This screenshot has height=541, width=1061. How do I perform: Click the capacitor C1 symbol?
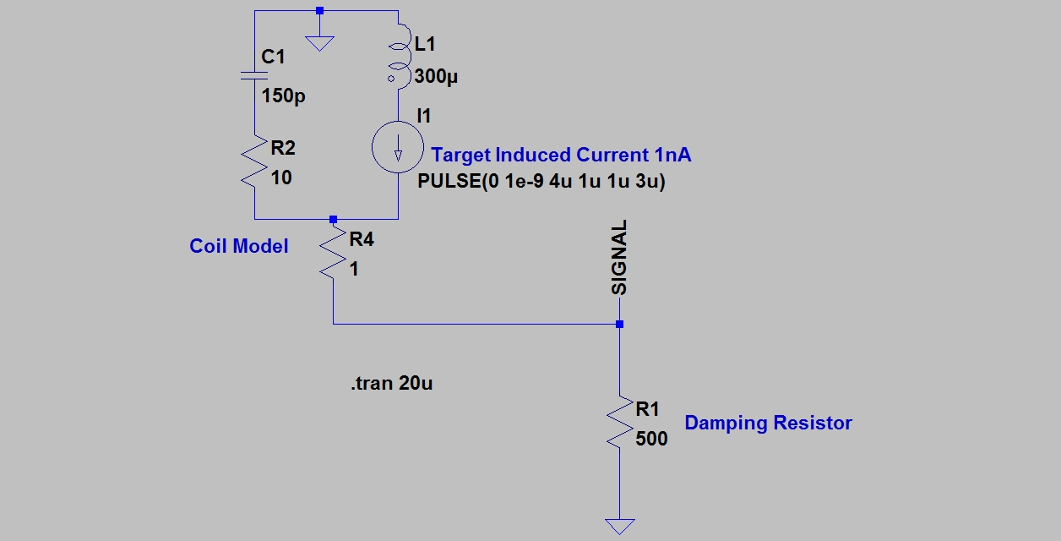pos(254,75)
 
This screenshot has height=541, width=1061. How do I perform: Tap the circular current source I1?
pos(398,148)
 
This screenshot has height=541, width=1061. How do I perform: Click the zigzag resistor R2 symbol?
pos(254,165)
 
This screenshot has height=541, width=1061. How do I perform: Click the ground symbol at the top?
pos(318,41)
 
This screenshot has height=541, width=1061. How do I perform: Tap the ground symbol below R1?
pos(619,526)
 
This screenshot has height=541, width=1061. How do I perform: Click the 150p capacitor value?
pos(284,96)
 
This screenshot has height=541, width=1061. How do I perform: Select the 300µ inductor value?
pos(437,77)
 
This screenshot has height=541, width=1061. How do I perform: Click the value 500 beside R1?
pos(652,439)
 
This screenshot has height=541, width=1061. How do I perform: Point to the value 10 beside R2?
pos(281,178)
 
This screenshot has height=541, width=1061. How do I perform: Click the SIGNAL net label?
pos(620,257)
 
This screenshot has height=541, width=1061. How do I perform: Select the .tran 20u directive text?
pos(392,384)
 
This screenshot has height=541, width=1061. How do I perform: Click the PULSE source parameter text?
pos(541,182)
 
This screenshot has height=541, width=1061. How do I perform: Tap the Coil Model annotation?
pos(239,246)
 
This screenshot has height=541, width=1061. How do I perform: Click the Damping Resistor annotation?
pos(768,423)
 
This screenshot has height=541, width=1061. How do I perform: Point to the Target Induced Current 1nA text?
pos(561,155)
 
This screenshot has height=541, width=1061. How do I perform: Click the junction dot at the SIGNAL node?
pos(619,324)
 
